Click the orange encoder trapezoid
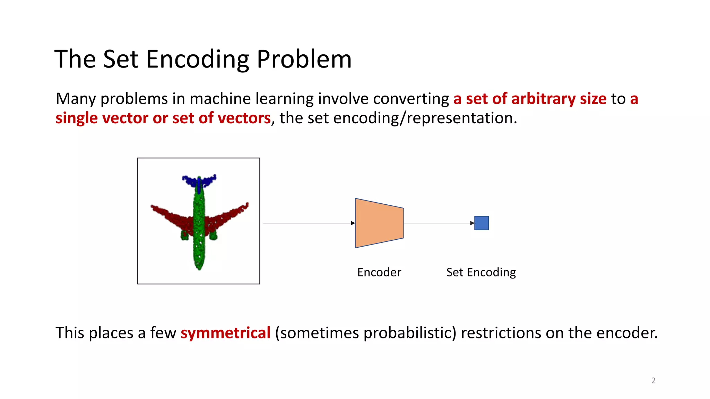click(379, 223)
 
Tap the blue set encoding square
click(481, 223)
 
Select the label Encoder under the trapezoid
click(379, 272)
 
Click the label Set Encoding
click(481, 272)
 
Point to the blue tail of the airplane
click(199, 180)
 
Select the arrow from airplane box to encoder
click(309, 223)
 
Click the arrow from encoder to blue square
click(439, 223)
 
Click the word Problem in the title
click(304, 59)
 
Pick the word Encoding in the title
click(198, 59)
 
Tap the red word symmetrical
click(225, 333)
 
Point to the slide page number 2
click(653, 380)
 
